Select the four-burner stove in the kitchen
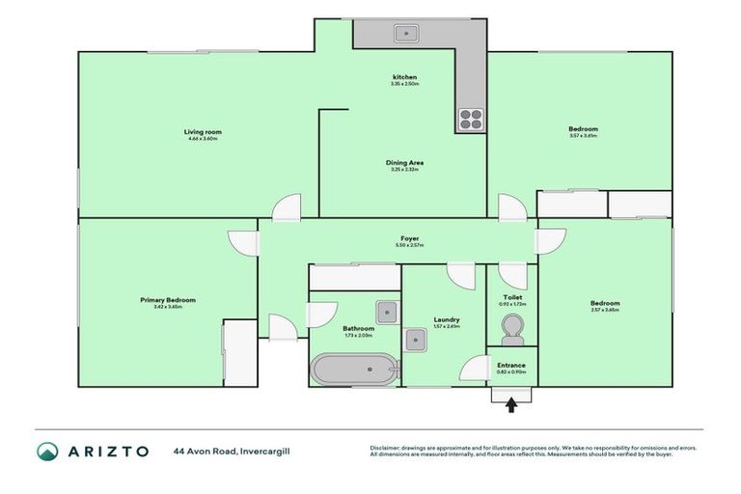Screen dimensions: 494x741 click(x=470, y=119)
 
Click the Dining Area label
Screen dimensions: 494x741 click(x=404, y=162)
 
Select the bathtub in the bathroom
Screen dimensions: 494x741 click(x=353, y=370)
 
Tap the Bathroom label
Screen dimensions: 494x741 click(x=357, y=328)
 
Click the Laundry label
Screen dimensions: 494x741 click(x=446, y=319)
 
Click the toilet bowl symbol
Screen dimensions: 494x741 click(x=512, y=337)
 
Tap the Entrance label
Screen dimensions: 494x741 click(x=511, y=365)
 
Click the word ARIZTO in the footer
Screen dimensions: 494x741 click(x=107, y=451)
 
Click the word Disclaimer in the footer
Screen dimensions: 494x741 click(x=387, y=448)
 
